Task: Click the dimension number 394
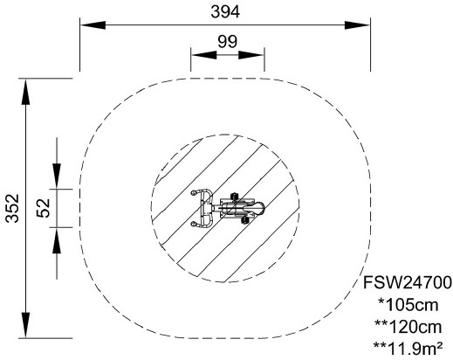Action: tap(225, 12)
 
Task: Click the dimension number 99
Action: tap(227, 42)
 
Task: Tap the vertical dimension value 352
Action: tap(12, 208)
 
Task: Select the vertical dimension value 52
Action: tap(44, 208)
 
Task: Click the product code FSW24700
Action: tap(408, 282)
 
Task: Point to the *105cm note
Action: tap(408, 305)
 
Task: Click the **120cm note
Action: tap(408, 327)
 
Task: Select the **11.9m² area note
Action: tap(408, 349)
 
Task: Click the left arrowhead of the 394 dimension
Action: tap(93, 25)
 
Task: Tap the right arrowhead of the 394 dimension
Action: tap(357, 25)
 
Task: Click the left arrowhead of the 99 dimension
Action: tap(203, 55)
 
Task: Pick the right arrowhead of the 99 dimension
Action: tap(251, 55)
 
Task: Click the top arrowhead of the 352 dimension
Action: tap(25, 92)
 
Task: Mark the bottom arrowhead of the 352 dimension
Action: tap(25, 325)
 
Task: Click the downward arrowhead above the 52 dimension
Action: tap(57, 176)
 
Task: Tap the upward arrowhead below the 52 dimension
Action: tap(57, 240)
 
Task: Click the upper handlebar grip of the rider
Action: tap(194, 192)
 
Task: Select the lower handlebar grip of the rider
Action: tap(194, 224)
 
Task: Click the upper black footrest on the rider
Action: tap(233, 197)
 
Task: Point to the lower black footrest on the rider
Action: tap(245, 220)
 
